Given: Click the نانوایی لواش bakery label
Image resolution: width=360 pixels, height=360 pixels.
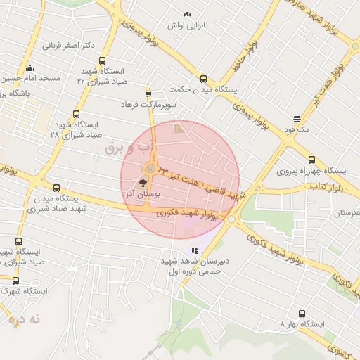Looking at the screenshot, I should [x=185, y=25].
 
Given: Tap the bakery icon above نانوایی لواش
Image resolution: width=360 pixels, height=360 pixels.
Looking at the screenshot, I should [x=186, y=15].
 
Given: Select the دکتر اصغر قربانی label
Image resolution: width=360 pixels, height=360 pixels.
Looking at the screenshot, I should [x=68, y=46].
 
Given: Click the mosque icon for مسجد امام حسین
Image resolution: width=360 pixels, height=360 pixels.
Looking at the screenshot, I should [x=30, y=68].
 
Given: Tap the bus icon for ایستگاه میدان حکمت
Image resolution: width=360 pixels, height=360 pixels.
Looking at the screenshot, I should [x=203, y=79].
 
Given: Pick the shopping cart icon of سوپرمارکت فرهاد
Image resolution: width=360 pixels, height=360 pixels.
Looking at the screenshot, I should [x=148, y=94].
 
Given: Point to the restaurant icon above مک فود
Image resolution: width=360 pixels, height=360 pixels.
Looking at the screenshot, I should [x=297, y=119].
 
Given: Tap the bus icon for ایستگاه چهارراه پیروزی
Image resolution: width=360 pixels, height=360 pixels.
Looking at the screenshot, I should [x=311, y=160].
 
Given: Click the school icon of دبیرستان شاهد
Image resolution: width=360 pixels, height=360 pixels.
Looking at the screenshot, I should [x=195, y=251].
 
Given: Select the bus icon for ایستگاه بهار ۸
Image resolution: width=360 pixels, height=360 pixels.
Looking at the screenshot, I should [x=302, y=314].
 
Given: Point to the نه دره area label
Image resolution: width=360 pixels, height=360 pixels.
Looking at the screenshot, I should [x=25, y=319].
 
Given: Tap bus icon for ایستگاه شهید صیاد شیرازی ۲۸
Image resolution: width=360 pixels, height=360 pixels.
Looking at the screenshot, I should [x=76, y=114].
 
